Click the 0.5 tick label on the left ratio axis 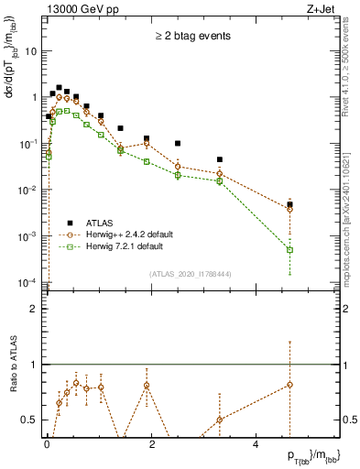click(32, 420)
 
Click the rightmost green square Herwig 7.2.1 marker click(289, 249)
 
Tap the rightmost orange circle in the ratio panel click(289, 385)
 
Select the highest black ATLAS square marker click(59, 88)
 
